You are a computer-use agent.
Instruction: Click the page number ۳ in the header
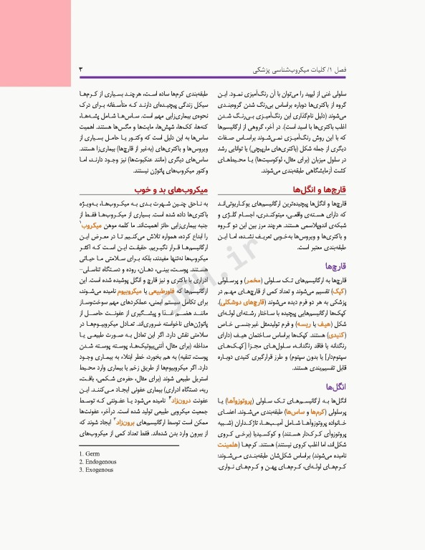pos(80,71)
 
